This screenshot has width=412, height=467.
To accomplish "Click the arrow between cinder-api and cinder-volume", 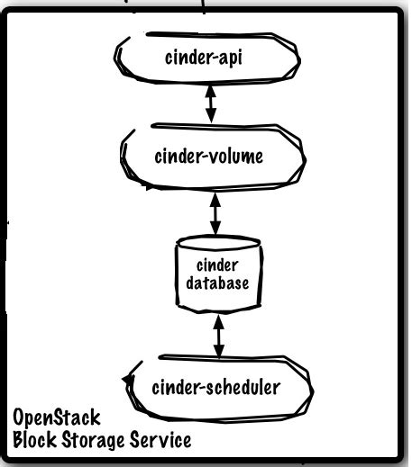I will click(x=211, y=104).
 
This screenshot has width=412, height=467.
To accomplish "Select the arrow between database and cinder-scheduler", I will click(x=216, y=334).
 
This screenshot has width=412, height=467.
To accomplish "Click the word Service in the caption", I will click(x=160, y=441).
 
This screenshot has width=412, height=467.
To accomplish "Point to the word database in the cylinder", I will click(x=215, y=282).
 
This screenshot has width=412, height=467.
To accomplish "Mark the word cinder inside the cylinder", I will click(x=215, y=264).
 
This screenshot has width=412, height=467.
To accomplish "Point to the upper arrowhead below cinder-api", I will click(x=211, y=91).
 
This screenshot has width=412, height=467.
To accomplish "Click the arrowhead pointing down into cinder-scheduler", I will click(x=216, y=353).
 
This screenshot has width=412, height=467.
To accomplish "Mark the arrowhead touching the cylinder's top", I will click(x=215, y=230).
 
